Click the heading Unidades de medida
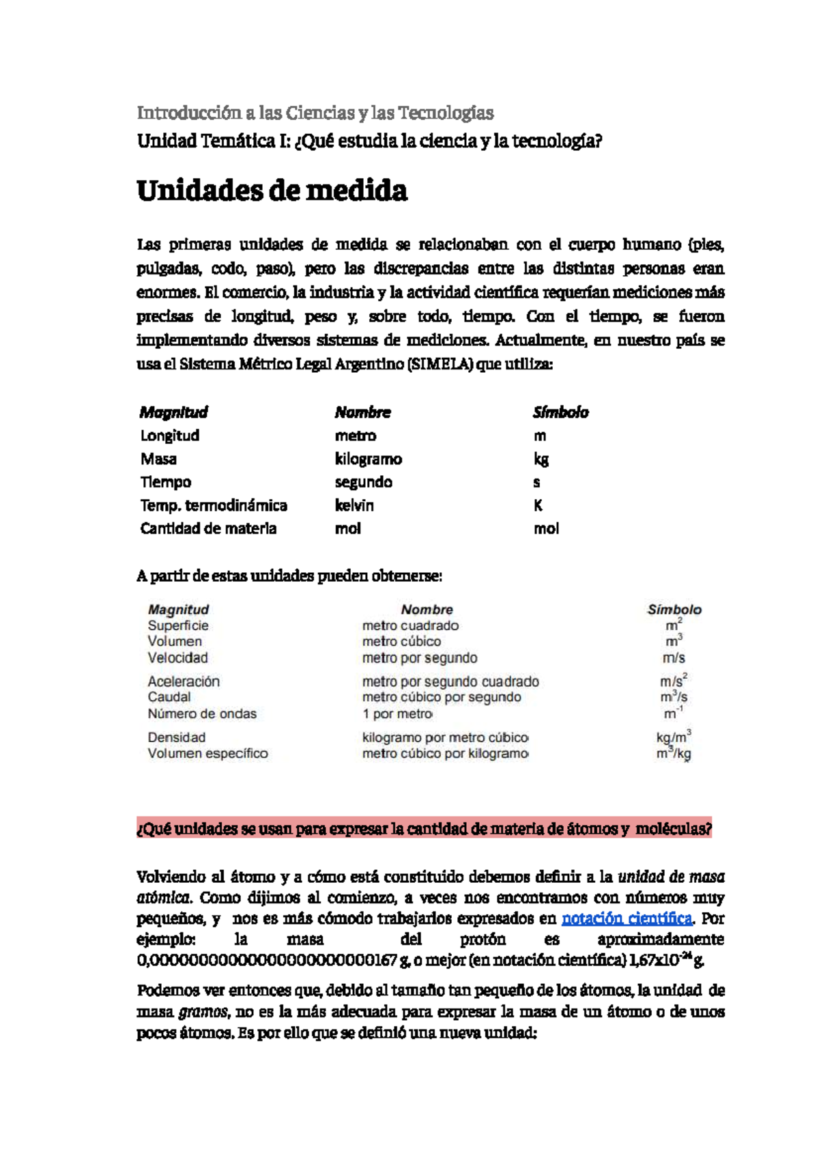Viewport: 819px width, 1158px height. click(x=272, y=190)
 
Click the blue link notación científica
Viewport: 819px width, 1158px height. click(x=626, y=918)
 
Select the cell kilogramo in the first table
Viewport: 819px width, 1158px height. click(x=368, y=459)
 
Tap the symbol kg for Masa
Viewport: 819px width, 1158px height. click(x=541, y=459)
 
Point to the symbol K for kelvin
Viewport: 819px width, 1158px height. click(x=538, y=505)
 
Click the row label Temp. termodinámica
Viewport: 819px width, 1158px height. click(x=214, y=505)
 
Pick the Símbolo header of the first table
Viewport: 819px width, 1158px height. click(x=560, y=412)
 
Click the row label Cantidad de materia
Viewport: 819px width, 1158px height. click(x=208, y=528)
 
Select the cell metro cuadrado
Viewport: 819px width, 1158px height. click(x=410, y=625)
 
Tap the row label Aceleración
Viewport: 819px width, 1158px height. click(x=184, y=681)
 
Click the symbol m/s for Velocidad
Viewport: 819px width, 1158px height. click(x=673, y=658)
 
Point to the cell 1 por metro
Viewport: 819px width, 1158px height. click(x=397, y=714)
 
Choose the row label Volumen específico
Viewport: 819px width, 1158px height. click(x=207, y=754)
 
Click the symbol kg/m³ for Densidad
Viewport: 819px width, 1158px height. click(x=673, y=737)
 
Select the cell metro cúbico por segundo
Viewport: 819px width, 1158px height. click(x=441, y=697)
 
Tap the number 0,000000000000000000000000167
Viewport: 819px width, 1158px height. click(x=267, y=961)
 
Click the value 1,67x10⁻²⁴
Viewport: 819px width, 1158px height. click(x=660, y=961)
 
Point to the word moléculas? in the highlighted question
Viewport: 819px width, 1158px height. click(x=673, y=829)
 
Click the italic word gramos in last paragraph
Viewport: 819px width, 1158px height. click(x=203, y=1012)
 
